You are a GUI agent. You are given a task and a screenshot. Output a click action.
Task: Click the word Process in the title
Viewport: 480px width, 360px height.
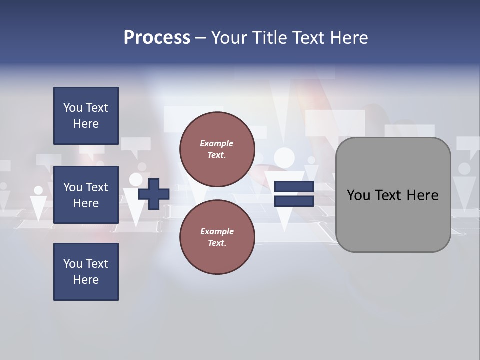coord(157,37)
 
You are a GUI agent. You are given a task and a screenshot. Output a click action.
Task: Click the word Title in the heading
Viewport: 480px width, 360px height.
coord(268,37)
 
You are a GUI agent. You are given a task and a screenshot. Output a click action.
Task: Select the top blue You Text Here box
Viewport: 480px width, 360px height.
coord(86,116)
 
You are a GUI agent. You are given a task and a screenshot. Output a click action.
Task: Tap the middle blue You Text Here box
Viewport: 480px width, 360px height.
coord(86,195)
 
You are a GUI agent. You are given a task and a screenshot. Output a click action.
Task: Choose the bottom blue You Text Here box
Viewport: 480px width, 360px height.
coord(86,272)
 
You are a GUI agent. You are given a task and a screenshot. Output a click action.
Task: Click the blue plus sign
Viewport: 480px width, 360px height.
coord(154,194)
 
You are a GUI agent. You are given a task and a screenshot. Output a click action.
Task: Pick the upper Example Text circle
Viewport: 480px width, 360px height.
coord(217,149)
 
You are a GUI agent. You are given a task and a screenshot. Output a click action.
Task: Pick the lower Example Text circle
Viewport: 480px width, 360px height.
coord(217,237)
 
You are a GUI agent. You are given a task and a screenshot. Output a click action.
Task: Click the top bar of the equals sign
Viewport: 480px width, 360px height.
coord(294,187)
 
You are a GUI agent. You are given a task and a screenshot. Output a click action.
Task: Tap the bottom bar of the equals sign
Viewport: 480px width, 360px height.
coord(294,201)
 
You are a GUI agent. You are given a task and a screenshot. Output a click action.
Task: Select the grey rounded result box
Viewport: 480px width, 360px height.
coord(393,195)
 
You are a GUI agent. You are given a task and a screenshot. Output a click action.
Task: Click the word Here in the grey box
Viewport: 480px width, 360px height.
coord(422,195)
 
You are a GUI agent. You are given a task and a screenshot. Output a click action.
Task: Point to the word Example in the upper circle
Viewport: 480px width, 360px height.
coord(216,143)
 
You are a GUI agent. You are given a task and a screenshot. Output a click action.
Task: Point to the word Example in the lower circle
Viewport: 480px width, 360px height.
coord(216,231)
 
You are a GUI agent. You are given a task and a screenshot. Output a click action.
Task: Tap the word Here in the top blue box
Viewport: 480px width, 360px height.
coord(86,124)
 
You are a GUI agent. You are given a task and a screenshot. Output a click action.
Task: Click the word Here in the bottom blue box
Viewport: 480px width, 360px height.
coord(86,280)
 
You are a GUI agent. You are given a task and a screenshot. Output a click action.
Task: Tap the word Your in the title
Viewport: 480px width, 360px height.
coord(229,37)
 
